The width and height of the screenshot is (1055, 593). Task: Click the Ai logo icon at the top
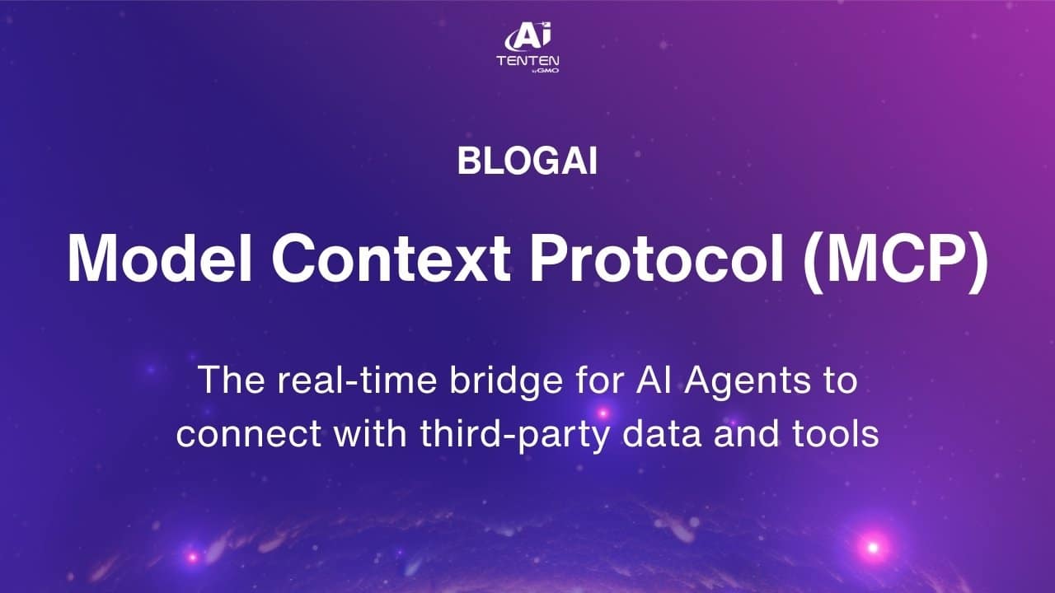tap(528, 36)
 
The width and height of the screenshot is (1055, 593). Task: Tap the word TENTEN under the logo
tap(528, 61)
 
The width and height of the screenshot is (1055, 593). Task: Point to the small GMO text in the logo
tap(548, 71)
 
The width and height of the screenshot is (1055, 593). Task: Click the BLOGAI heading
tap(527, 161)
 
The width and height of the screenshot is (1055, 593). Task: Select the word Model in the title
tap(160, 258)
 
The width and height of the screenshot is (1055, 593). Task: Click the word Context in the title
tap(391, 258)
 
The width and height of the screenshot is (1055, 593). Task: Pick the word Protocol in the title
tap(657, 258)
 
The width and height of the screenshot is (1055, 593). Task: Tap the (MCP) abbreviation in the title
tap(895, 260)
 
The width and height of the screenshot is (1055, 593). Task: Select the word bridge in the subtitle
tap(506, 382)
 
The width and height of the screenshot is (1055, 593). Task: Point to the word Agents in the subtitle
tap(748, 382)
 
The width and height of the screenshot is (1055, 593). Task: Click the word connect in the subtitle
tap(249, 433)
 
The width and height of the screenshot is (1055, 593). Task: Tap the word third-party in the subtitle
tap(514, 435)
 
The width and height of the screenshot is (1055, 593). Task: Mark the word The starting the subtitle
tap(231, 380)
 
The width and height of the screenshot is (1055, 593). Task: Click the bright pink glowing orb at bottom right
tap(873, 548)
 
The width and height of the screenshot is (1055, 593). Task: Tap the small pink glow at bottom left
tap(192, 558)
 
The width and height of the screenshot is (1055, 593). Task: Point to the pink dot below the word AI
tap(603, 413)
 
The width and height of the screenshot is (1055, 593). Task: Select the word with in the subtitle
tap(370, 432)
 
